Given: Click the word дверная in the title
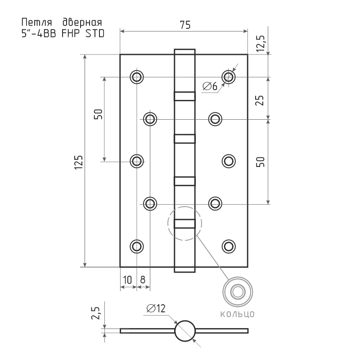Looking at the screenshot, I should [81, 22].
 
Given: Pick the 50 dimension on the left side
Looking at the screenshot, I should [98, 114].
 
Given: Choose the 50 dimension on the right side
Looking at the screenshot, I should [260, 162].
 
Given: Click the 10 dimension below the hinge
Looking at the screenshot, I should [127, 279].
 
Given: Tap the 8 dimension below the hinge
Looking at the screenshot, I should [143, 279].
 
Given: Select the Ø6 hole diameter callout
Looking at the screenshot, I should [210, 86].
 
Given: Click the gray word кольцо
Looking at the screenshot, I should [237, 314].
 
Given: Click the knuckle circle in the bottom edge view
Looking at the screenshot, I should [185, 331].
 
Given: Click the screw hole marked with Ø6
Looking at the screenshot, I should [229, 77].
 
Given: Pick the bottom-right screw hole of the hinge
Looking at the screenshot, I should [229, 246].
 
